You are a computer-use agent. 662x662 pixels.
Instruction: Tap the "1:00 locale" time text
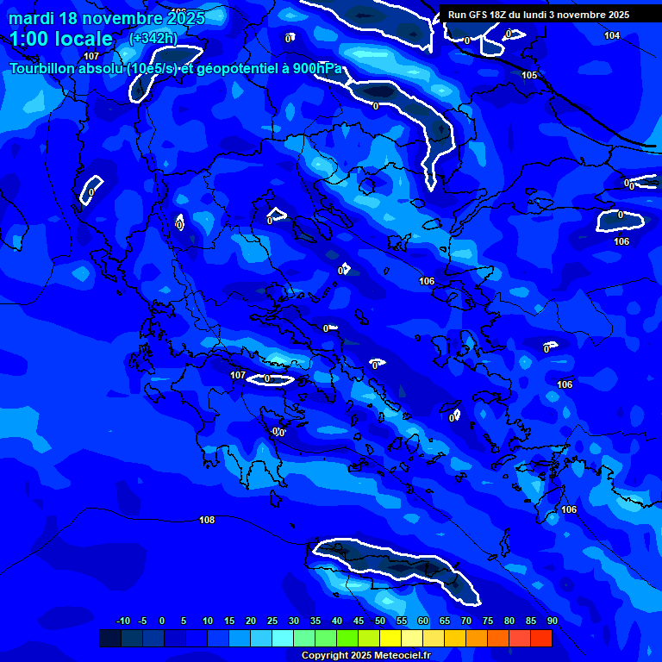click(x=61, y=39)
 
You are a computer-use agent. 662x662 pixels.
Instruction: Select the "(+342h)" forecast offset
click(x=153, y=39)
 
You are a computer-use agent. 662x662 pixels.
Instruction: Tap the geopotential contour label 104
click(x=612, y=35)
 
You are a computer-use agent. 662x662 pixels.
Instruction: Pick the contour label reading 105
click(x=529, y=75)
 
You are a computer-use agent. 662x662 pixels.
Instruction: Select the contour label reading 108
click(x=207, y=520)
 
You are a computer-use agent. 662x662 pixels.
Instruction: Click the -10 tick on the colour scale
click(x=122, y=621)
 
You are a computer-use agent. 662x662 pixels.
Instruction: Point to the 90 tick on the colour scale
click(x=552, y=621)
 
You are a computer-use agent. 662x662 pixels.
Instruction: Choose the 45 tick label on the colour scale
click(x=358, y=621)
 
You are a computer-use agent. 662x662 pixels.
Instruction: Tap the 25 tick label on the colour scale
click(x=272, y=621)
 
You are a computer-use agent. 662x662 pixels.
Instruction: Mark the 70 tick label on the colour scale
click(x=465, y=621)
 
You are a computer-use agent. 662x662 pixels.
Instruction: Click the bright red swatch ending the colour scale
click(x=540, y=638)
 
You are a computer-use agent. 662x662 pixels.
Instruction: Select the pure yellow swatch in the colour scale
click(x=390, y=638)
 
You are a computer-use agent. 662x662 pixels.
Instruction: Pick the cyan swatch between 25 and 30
click(x=282, y=638)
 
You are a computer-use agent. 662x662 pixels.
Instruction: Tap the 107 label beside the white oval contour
click(x=238, y=375)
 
